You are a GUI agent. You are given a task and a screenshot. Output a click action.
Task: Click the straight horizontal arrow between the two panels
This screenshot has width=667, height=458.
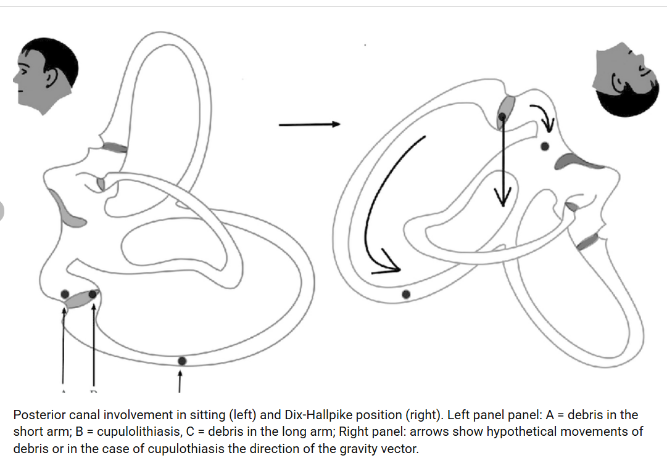[x=309, y=125]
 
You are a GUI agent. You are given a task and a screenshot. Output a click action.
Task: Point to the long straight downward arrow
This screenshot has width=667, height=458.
[x=502, y=160]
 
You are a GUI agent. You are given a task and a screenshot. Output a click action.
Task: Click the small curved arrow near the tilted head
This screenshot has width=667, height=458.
[x=544, y=117]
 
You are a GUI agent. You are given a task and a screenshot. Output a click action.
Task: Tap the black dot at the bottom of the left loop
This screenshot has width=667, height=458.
[x=181, y=361]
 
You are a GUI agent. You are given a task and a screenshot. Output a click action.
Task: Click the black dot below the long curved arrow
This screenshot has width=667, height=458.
[x=405, y=295]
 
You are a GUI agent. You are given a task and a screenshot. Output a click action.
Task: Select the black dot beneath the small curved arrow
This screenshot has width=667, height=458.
[x=544, y=146]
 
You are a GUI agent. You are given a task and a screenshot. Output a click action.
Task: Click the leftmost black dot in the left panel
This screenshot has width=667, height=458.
[x=65, y=292]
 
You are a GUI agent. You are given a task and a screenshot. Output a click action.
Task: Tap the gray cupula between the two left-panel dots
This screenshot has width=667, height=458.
[x=78, y=300]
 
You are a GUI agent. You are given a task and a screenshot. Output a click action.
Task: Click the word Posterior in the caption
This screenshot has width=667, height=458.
[x=36, y=415]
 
